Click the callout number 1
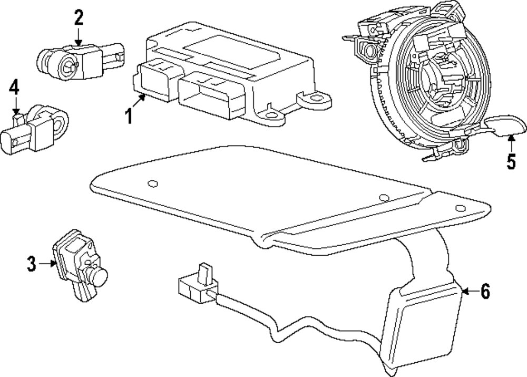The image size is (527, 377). [129, 114]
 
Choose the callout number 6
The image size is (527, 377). [485, 291]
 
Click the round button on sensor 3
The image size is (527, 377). [98, 274]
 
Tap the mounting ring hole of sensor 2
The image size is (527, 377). [68, 66]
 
